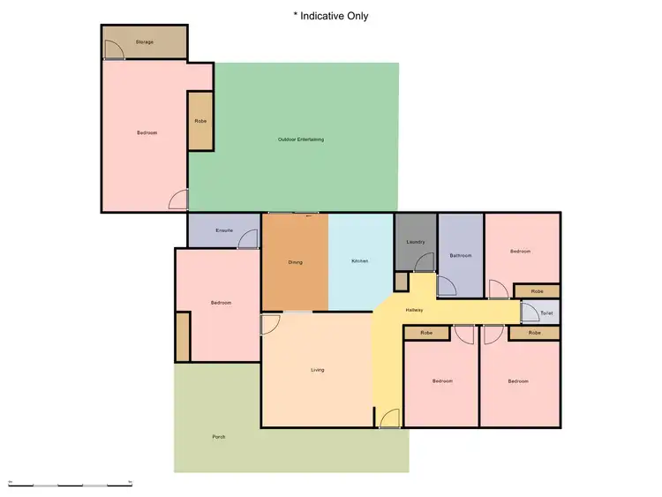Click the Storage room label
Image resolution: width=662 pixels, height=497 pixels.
(144, 41)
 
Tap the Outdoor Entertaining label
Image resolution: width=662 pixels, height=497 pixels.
(301, 139)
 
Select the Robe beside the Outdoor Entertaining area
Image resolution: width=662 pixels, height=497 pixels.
(199, 120)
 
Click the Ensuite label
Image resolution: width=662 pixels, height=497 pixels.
(223, 230)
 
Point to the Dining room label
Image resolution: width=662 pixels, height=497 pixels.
(296, 261)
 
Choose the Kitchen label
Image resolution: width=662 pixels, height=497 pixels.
(359, 261)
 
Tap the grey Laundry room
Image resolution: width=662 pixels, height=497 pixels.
(416, 242)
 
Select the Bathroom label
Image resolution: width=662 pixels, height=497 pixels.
(461, 256)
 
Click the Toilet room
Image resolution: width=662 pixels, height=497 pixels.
(545, 313)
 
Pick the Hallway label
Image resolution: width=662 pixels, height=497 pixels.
(414, 310)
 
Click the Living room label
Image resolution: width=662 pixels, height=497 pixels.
(317, 370)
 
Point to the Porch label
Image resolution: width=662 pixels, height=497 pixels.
(218, 437)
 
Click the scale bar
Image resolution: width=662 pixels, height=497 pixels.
(70, 485)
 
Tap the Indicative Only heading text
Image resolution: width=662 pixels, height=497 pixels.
(330, 16)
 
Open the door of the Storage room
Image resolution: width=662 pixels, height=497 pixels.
(113, 52)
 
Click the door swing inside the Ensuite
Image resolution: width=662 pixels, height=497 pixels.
(248, 239)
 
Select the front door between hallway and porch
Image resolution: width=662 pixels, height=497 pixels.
(389, 419)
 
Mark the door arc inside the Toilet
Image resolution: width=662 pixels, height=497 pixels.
(530, 311)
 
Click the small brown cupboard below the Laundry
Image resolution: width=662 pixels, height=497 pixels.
(401, 282)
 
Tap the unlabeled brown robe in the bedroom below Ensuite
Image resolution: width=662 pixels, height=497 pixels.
(183, 336)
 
